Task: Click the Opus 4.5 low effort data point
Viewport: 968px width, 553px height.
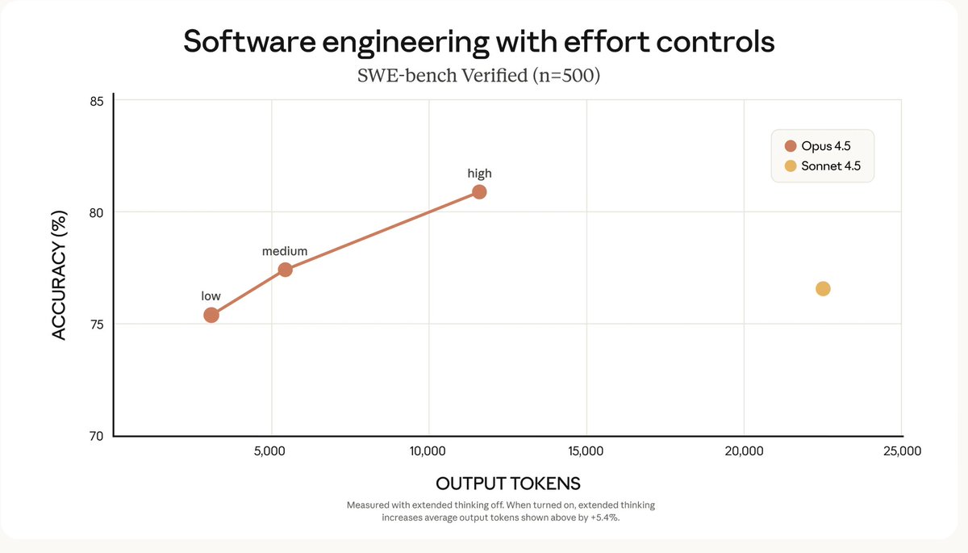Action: pyautogui.click(x=211, y=315)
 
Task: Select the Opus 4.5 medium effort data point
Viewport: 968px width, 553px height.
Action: pyautogui.click(x=285, y=270)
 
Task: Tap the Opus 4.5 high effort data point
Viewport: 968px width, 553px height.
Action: pyautogui.click(x=479, y=191)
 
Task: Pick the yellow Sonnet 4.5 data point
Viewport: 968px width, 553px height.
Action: pyautogui.click(x=823, y=289)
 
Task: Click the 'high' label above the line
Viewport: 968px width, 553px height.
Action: pyautogui.click(x=479, y=174)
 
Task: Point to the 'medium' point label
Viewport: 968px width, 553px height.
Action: pyautogui.click(x=285, y=252)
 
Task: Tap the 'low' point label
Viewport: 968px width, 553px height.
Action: pyautogui.click(x=211, y=296)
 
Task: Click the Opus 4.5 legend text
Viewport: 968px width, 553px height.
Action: pyautogui.click(x=825, y=146)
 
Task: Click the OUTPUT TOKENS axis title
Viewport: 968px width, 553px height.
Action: pyautogui.click(x=508, y=484)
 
